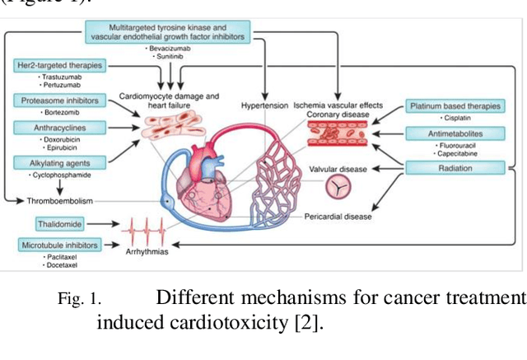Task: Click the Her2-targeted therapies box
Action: (57, 64)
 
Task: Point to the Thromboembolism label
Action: (59, 200)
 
